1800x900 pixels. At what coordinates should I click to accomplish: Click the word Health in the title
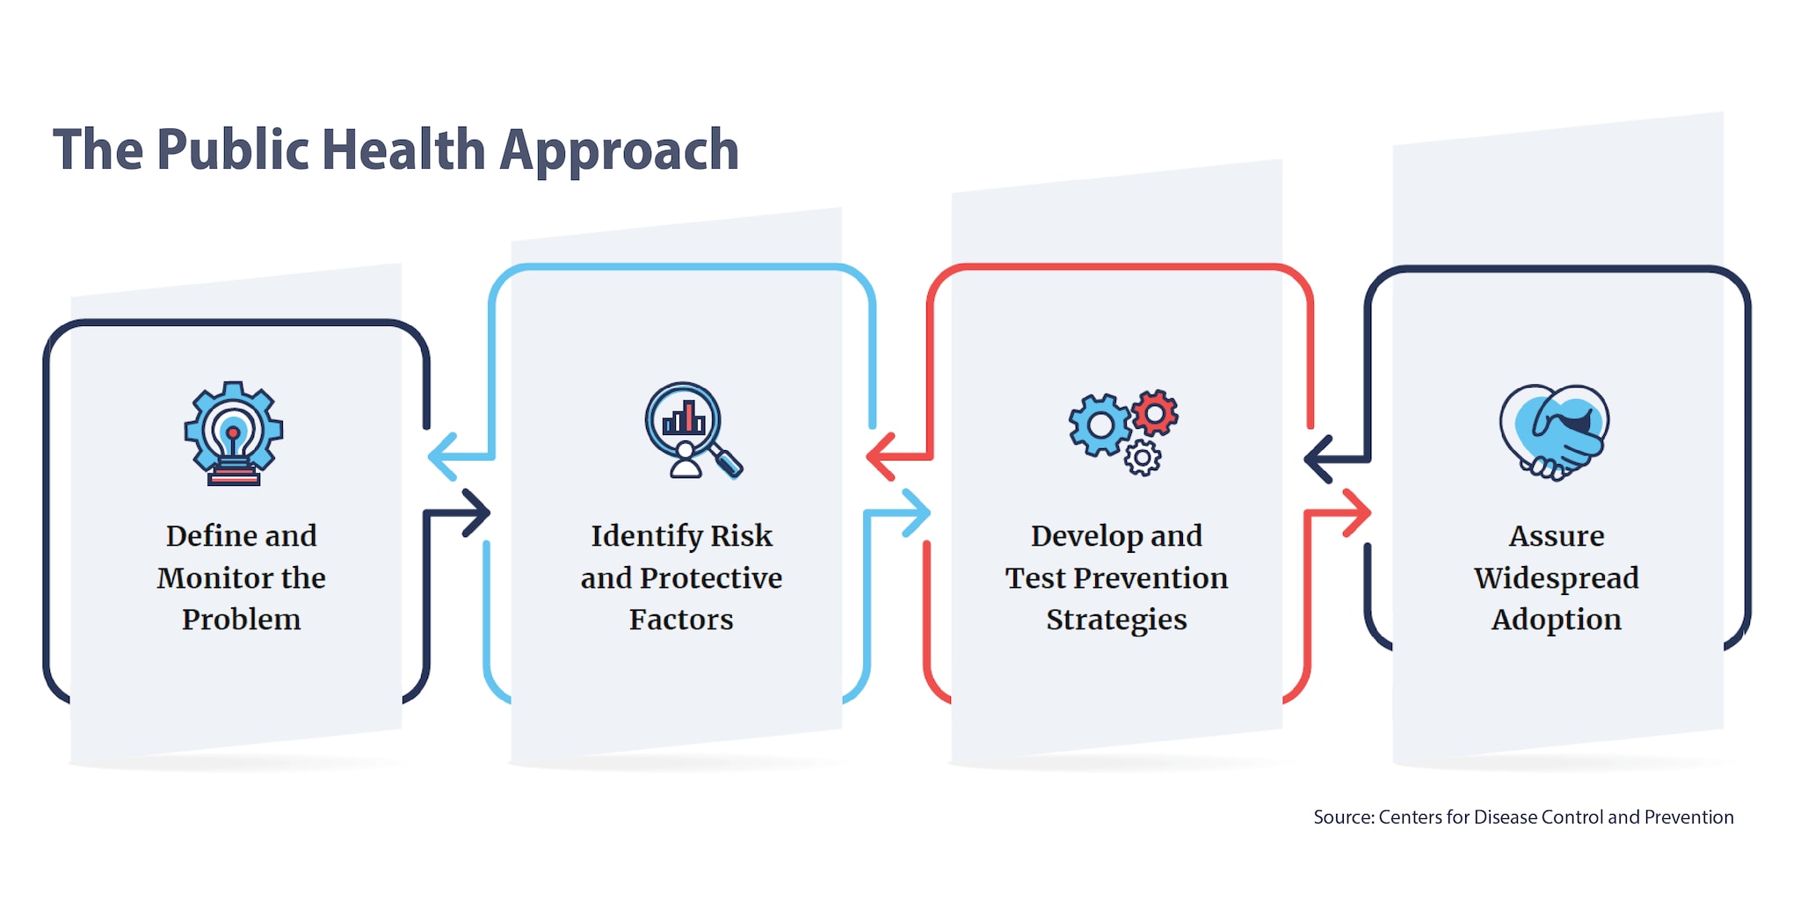(x=404, y=149)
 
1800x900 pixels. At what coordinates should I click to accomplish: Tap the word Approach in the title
(x=620, y=152)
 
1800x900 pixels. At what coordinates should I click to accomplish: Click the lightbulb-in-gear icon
(x=234, y=433)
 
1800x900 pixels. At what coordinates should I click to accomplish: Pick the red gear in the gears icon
(x=1155, y=412)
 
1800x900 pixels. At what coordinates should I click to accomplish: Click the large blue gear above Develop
(x=1100, y=425)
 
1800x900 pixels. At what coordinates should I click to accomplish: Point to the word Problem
(x=241, y=619)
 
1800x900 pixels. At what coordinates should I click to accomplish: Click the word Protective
(x=711, y=577)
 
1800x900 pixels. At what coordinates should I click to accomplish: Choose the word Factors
(x=681, y=619)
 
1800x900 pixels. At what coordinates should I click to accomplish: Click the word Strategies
(x=1116, y=620)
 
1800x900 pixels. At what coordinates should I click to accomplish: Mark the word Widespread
(x=1557, y=577)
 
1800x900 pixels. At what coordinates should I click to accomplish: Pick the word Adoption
(x=1557, y=620)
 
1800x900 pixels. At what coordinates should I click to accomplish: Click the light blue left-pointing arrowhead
(x=442, y=457)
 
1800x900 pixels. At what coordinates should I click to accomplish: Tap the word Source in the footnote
(x=1344, y=817)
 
